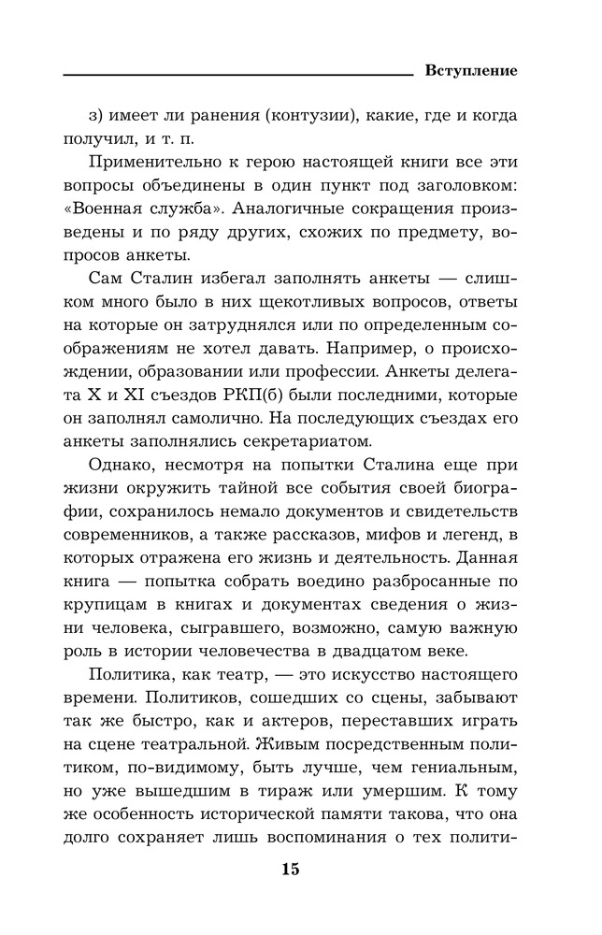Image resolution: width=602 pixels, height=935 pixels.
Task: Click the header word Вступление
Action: pos(471,70)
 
